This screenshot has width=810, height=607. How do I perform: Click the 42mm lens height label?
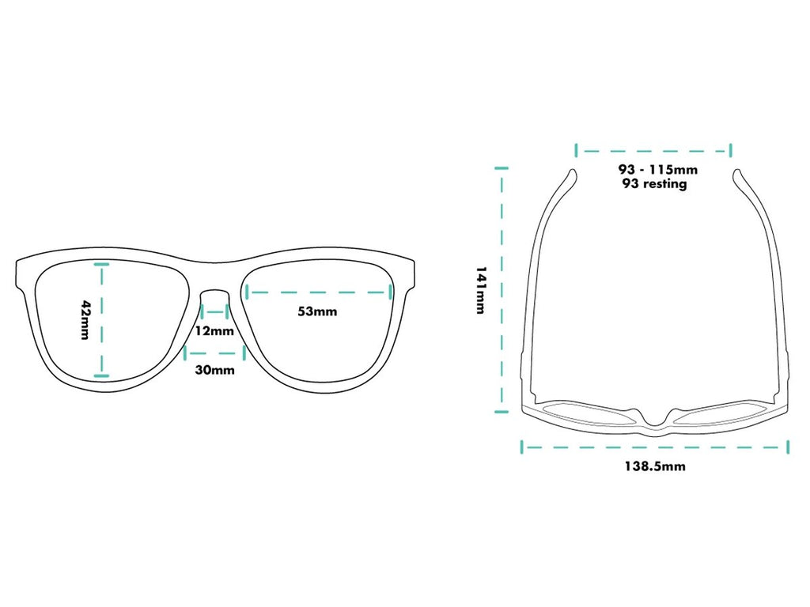[x=86, y=320]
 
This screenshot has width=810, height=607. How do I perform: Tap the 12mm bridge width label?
[x=214, y=330]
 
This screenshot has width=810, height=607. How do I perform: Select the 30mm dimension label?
[x=214, y=370]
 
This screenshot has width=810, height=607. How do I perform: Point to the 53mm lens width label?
[x=317, y=311]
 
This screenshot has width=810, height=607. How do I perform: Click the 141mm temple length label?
[x=480, y=290]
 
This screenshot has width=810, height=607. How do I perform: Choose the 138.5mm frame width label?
[x=654, y=466]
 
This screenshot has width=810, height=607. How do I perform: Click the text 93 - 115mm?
[x=657, y=169]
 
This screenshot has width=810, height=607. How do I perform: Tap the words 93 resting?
[x=655, y=184]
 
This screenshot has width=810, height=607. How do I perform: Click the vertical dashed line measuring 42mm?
[x=100, y=320]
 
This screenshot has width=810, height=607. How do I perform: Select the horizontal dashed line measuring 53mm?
[x=320, y=292]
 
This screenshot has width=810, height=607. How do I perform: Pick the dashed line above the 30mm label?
[x=214, y=350]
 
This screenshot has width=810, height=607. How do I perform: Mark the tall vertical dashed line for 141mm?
[x=500, y=290]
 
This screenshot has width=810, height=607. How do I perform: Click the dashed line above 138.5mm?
[x=655, y=447]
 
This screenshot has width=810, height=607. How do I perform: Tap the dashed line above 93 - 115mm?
[x=653, y=150]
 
